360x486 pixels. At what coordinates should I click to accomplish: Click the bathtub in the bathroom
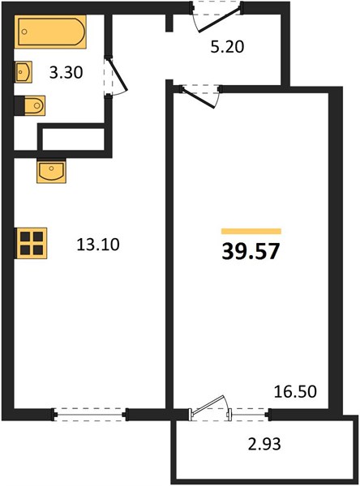50,32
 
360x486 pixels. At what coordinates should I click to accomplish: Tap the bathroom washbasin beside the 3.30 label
24,72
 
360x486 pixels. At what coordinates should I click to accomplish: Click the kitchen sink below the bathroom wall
51,171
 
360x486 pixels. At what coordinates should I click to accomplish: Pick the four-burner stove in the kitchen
31,243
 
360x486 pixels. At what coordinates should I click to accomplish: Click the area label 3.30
66,73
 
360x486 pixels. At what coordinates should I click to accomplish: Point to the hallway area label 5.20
227,47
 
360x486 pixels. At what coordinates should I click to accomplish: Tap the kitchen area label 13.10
98,245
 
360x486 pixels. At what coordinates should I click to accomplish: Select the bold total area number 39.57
251,251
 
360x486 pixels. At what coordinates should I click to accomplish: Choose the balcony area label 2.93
264,444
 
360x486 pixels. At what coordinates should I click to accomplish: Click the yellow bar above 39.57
251,231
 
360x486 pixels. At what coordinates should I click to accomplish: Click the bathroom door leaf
118,75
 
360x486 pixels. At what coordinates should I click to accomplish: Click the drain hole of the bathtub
24,32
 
